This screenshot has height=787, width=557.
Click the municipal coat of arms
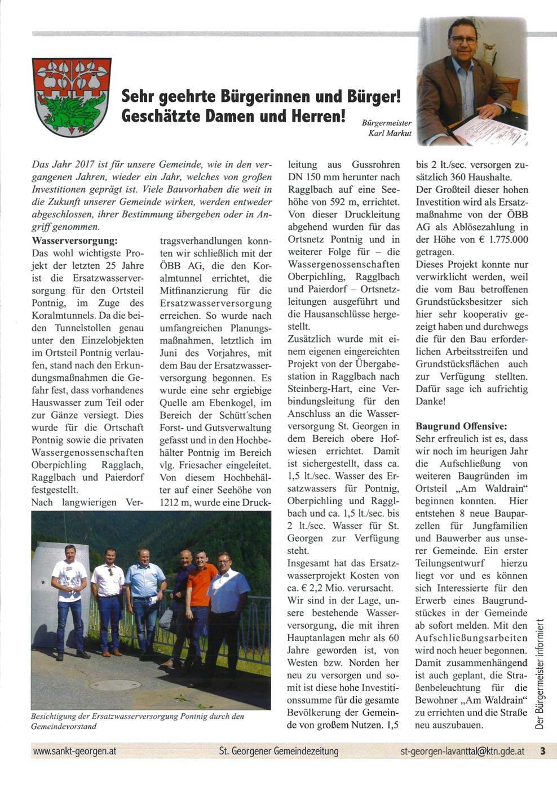pyautogui.click(x=72, y=96)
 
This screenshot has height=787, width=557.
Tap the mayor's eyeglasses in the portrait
pyautogui.click(x=463, y=40)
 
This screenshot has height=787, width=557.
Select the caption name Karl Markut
pyautogui.click(x=390, y=134)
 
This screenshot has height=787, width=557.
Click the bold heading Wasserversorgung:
pyautogui.click(x=75, y=241)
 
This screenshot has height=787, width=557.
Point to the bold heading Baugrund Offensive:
pyautogui.click(x=461, y=426)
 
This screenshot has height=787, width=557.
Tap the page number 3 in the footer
pyautogui.click(x=542, y=751)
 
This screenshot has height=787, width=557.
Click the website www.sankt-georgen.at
pyautogui.click(x=75, y=751)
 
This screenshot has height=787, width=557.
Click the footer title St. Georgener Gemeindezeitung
pyautogui.click(x=279, y=751)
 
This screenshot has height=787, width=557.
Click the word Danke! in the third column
pyautogui.click(x=431, y=401)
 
